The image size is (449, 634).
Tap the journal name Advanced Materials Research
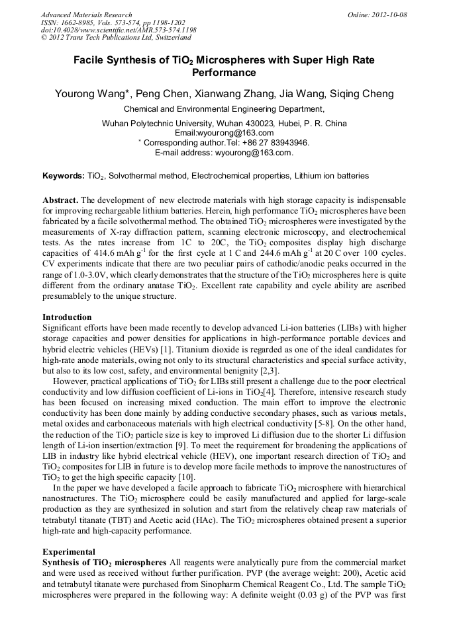[87, 15]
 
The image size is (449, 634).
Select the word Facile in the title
[92, 60]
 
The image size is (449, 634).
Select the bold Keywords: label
[63, 176]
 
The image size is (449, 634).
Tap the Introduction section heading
[67, 317]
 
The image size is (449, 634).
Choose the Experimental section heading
[69, 551]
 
